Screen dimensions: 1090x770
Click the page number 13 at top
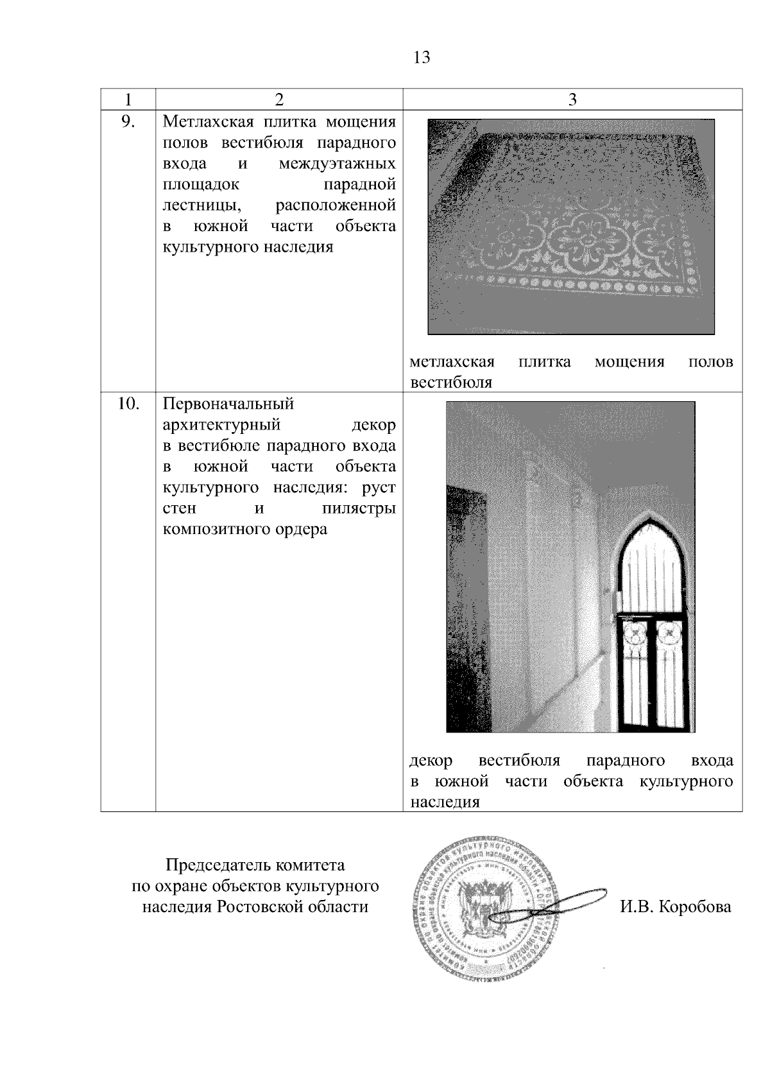click(422, 58)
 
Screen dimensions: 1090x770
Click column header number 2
click(278, 99)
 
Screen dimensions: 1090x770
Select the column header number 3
click(572, 99)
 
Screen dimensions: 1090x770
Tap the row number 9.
click(128, 121)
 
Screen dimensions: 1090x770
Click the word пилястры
click(357, 509)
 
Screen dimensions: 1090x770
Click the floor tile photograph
click(571, 227)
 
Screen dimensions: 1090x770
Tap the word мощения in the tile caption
click(629, 362)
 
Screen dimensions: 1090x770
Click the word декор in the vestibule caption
click(431, 761)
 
